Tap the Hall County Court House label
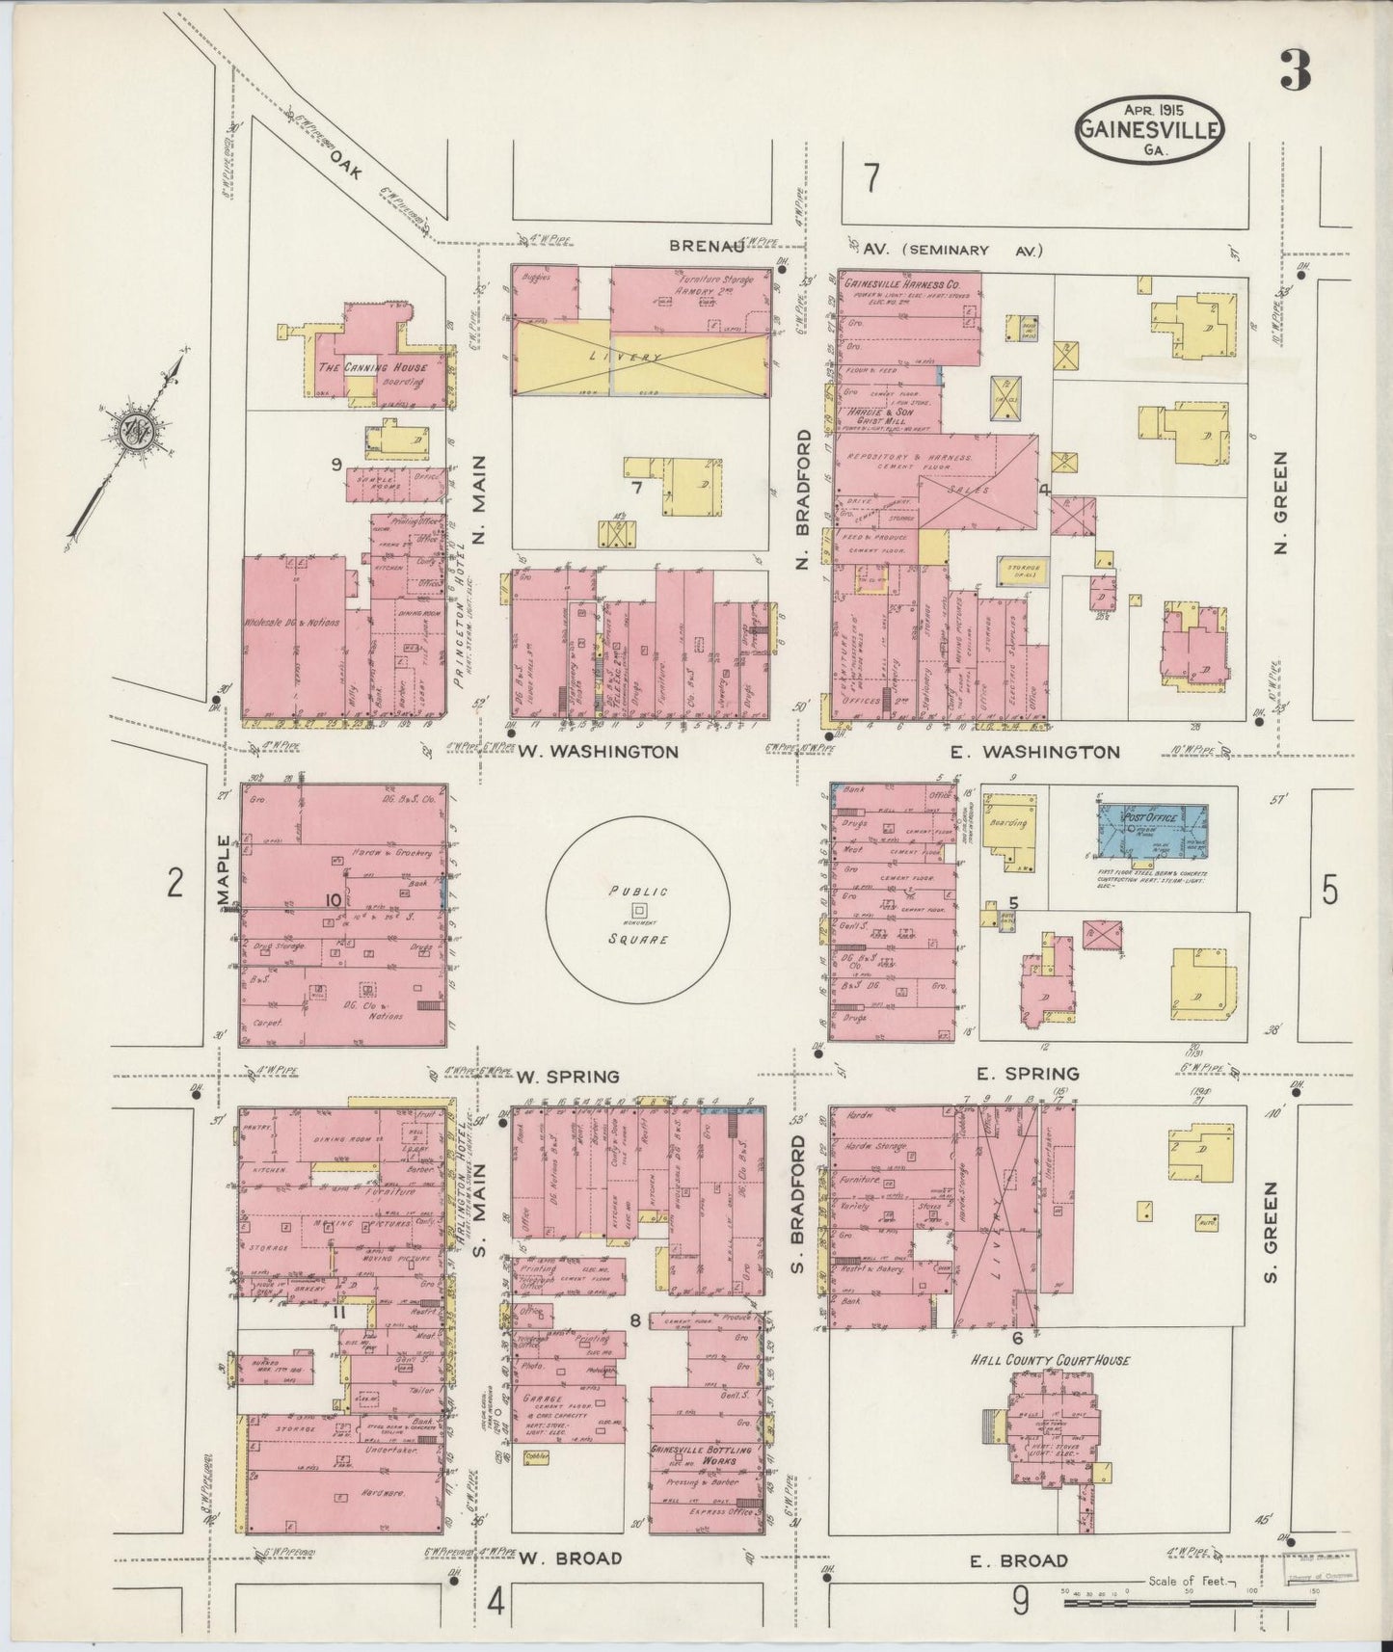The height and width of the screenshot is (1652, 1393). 1048,1360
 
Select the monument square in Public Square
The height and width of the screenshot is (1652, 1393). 637,910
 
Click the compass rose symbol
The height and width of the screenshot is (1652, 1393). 129,431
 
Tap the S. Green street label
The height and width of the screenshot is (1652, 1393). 1270,1217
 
